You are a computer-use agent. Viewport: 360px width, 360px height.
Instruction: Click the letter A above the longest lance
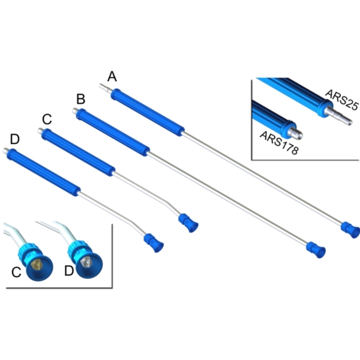[112, 76]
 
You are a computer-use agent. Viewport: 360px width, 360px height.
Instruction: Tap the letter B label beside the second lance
[80, 98]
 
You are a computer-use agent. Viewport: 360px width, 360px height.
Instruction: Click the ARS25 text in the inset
[341, 98]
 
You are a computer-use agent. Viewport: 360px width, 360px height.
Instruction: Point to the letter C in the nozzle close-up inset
[17, 272]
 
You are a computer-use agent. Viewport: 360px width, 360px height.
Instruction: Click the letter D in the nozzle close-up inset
[69, 271]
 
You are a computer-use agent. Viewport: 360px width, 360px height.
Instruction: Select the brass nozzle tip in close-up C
[36, 263]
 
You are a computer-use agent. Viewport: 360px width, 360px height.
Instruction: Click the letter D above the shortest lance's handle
[14, 139]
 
